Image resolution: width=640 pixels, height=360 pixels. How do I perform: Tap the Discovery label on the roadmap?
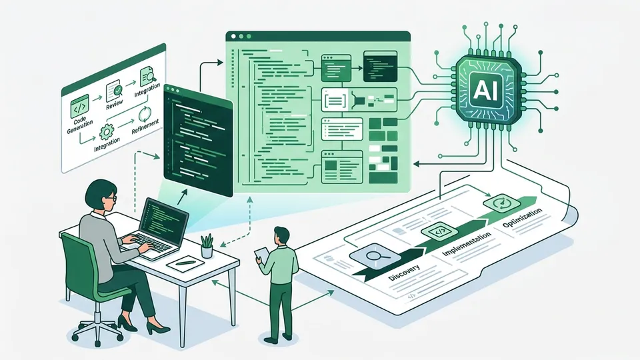[404, 273]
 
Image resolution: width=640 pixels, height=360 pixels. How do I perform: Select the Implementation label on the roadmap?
[467, 244]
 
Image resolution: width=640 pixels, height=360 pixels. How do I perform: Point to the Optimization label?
[522, 217]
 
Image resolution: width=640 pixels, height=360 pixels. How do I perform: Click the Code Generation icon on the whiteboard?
[79, 106]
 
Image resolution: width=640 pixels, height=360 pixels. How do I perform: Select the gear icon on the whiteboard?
[107, 131]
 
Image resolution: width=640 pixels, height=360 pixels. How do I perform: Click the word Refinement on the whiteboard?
[145, 126]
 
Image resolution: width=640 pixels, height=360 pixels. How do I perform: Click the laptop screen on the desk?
[163, 219]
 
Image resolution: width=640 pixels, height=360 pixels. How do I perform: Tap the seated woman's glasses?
[111, 199]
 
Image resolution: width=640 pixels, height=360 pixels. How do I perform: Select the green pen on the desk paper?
[185, 262]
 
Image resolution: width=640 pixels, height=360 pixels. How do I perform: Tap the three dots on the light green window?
[241, 36]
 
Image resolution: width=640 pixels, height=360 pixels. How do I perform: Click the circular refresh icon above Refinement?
[145, 115]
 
